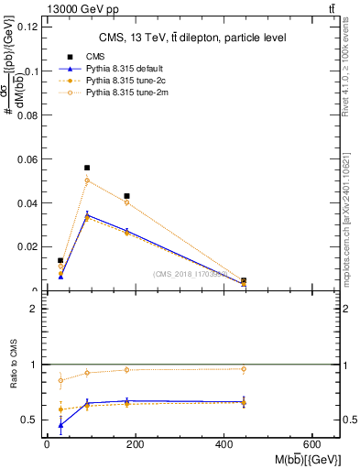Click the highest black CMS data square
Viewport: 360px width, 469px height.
pos(87,168)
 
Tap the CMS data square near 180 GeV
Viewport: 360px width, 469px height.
pos(126,196)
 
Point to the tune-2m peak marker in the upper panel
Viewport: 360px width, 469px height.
pos(87,180)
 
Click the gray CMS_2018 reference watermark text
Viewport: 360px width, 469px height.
pos(191,274)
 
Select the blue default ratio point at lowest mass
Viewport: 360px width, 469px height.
pos(60,425)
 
